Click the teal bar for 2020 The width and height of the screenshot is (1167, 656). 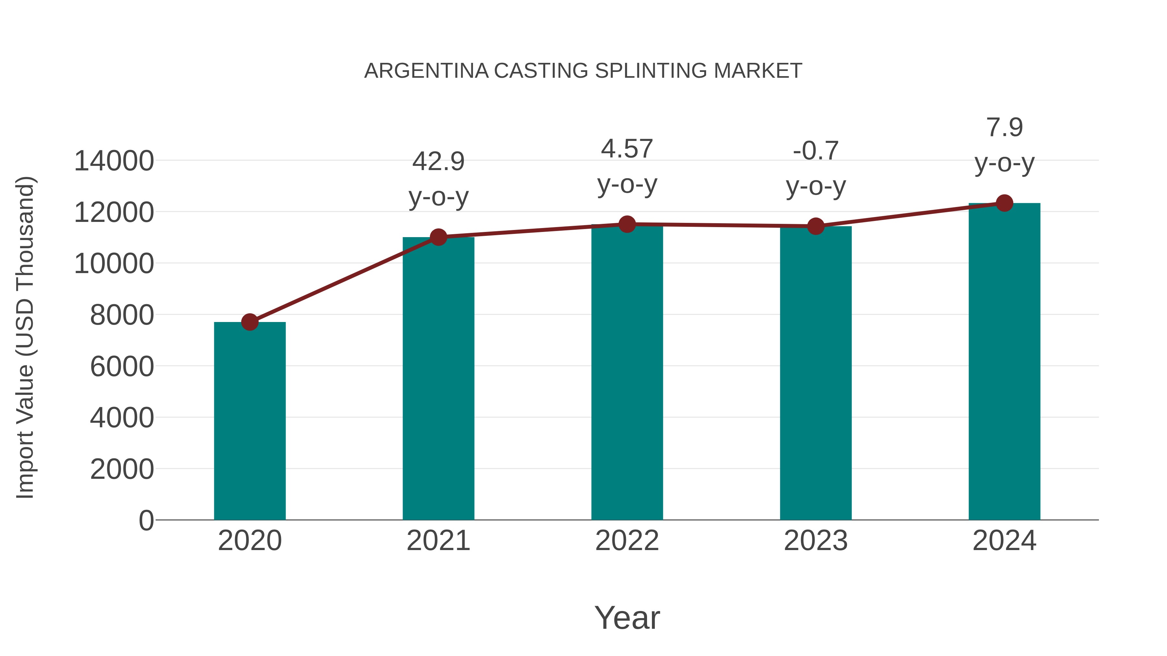pyautogui.click(x=250, y=421)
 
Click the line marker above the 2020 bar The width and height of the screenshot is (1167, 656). pyautogui.click(x=250, y=322)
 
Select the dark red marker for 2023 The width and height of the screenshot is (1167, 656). pyautogui.click(x=816, y=226)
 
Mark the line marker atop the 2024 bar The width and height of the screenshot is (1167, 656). pyautogui.click(x=1004, y=203)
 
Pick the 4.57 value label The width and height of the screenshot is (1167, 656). pyautogui.click(x=627, y=149)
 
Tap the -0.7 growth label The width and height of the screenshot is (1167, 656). pyautogui.click(x=816, y=151)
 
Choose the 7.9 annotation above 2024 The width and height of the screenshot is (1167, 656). pyautogui.click(x=1004, y=127)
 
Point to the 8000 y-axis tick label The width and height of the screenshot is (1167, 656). pyautogui.click(x=122, y=315)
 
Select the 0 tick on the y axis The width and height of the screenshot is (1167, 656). pyautogui.click(x=146, y=520)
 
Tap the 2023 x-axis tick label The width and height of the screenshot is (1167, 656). pyautogui.click(x=816, y=541)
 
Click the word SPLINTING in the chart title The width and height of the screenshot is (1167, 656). pyautogui.click(x=651, y=71)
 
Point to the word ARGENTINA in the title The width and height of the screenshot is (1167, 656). pyautogui.click(x=426, y=71)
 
